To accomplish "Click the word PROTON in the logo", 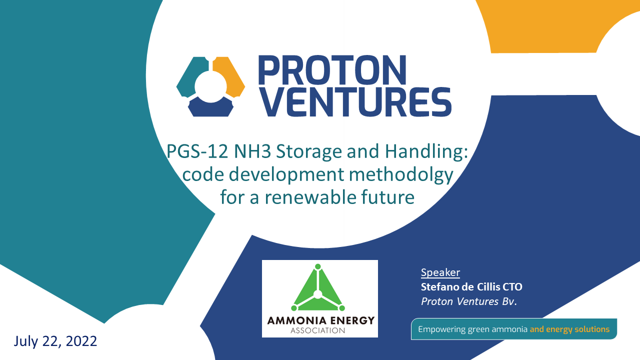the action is click(332, 70).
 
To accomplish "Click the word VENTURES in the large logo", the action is click(356, 102).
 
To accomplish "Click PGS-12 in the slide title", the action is click(197, 151).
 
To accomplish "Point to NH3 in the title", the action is click(252, 151).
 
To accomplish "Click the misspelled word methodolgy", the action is click(401, 175).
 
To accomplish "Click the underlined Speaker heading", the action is click(440, 272).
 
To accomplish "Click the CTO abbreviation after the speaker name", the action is click(512, 287).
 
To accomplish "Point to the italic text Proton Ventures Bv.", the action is click(469, 301).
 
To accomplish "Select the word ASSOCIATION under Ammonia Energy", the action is click(317, 331).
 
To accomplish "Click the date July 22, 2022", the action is click(55, 341).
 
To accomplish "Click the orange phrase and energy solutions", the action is click(569, 329).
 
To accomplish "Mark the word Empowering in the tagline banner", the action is click(441, 329).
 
